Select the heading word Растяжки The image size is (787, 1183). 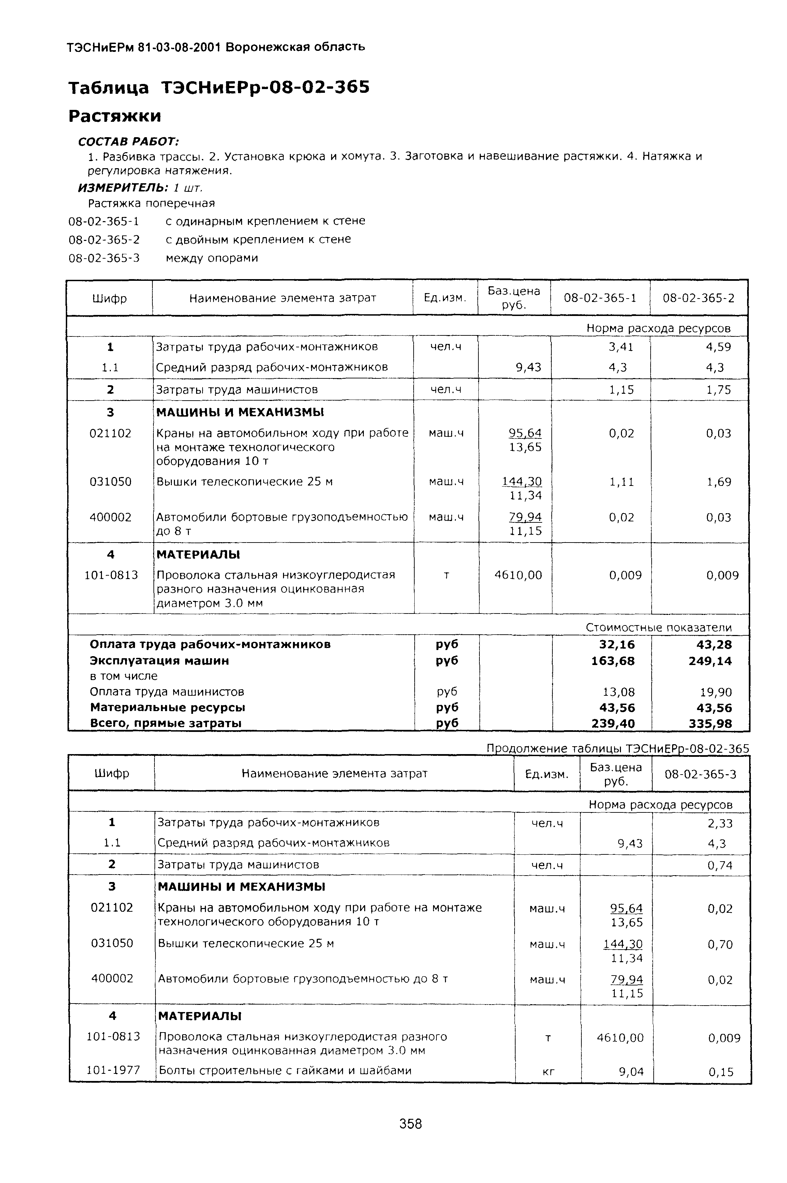coord(115,116)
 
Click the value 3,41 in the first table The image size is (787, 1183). coord(621,347)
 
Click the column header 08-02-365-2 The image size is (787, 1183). coord(698,298)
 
